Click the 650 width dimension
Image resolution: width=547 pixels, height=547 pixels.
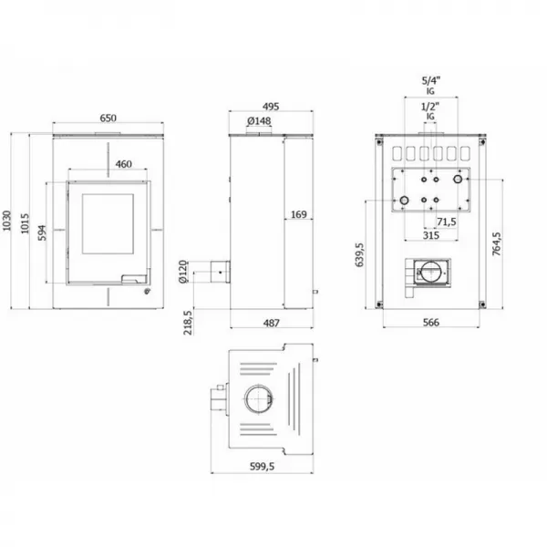[108, 119]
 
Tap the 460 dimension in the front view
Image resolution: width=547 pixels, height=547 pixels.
[124, 164]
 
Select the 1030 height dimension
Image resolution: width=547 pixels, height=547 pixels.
[6, 221]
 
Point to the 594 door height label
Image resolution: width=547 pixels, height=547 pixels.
[42, 232]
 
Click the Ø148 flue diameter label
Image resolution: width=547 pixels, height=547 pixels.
[259, 121]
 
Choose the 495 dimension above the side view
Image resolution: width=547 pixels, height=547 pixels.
[271, 107]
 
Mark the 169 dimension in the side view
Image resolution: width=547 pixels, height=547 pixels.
[299, 214]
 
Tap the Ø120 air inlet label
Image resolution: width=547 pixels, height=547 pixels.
[183, 272]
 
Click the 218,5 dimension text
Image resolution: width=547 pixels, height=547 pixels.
[188, 323]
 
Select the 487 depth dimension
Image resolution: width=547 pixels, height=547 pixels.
[272, 323]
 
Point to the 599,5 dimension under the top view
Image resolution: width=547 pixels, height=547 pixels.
[262, 467]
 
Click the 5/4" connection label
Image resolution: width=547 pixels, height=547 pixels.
[431, 81]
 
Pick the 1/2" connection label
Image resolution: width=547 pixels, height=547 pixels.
[430, 107]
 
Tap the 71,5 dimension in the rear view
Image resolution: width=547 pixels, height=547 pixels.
[447, 222]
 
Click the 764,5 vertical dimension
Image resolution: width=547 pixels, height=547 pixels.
[497, 243]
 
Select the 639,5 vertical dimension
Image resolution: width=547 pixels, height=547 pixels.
[359, 255]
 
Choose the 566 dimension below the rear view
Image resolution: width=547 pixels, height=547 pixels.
[431, 323]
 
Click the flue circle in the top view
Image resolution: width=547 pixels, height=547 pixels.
[259, 398]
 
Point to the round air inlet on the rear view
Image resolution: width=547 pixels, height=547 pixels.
[432, 272]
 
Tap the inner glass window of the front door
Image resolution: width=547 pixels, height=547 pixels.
[108, 224]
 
